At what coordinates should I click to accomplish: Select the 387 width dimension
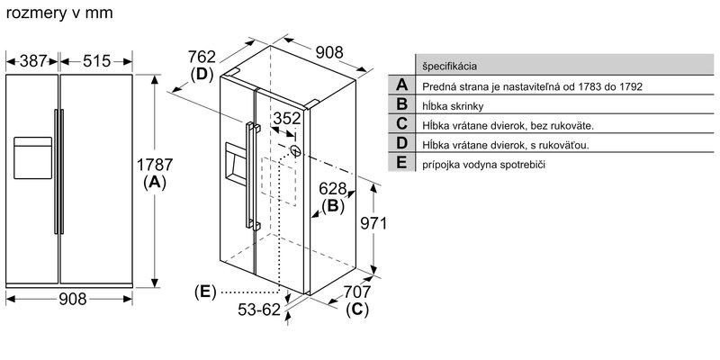pos(31,61)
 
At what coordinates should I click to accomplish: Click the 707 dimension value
pos(357,292)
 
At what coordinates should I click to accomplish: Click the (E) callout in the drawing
pos(206,292)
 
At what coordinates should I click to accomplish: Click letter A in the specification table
pos(401,85)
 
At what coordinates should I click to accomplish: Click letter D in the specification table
pos(401,145)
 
